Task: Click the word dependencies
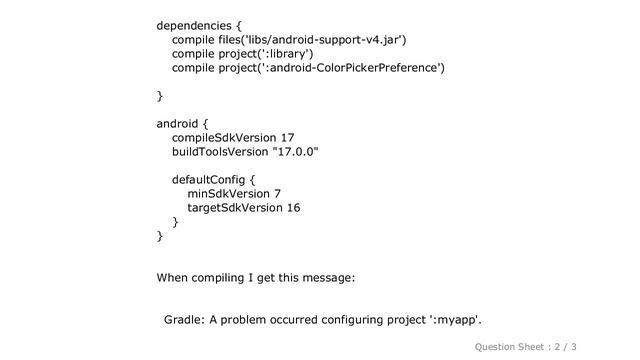coord(199,23)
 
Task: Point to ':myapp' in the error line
coord(455,319)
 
